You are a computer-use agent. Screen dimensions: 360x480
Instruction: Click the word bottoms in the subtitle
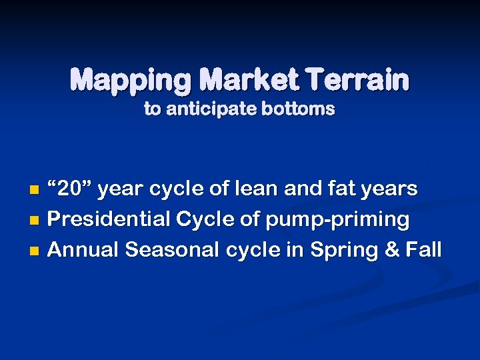[298, 109]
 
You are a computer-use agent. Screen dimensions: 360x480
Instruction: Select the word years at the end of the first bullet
[390, 189]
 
